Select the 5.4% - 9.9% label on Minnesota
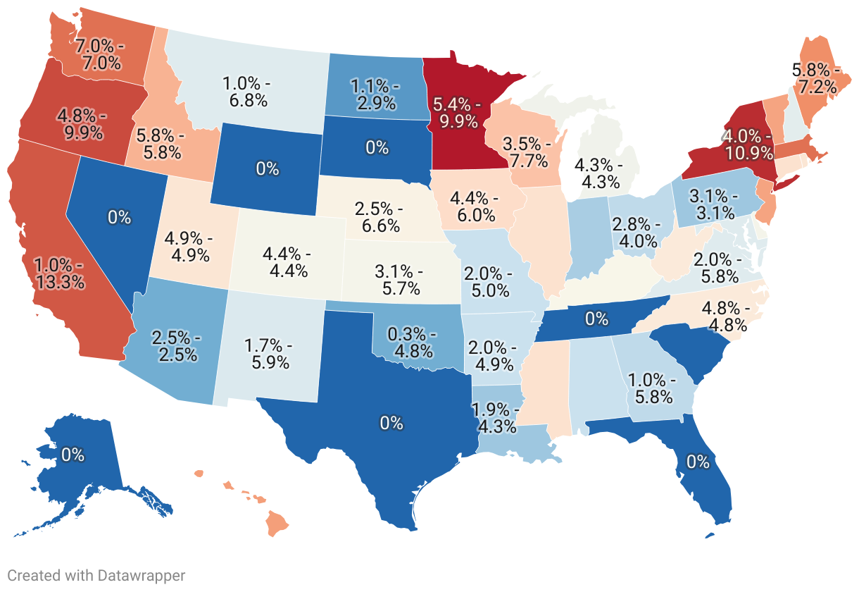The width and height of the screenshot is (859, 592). (x=458, y=114)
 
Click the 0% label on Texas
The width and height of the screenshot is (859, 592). (x=391, y=423)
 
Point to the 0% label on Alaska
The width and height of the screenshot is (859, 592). (x=73, y=455)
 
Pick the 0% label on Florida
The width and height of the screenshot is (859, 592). (x=698, y=462)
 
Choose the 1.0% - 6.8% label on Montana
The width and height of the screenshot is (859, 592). (x=247, y=92)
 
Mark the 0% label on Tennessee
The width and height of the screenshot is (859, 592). (x=596, y=319)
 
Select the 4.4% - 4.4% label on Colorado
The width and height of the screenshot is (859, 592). (x=289, y=261)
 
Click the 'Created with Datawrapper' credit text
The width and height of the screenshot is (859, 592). (x=96, y=576)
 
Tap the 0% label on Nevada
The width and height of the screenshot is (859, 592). (x=119, y=217)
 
